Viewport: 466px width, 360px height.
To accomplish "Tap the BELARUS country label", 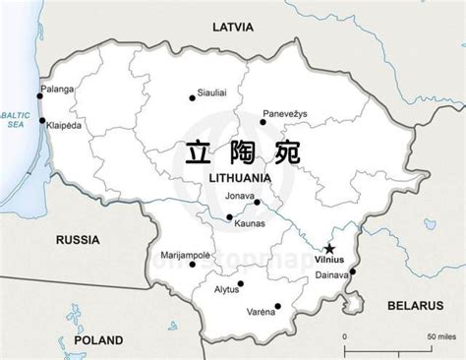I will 412,279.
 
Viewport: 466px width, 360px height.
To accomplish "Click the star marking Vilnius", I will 329,248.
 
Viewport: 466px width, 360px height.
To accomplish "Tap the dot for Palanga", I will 41,95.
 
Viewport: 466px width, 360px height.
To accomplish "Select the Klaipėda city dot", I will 41,121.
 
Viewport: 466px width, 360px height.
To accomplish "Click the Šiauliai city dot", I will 193,97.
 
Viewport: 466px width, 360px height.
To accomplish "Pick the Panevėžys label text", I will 285,112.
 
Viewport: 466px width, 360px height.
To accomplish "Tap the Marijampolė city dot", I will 193,264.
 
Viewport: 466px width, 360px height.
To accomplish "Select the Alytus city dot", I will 241,283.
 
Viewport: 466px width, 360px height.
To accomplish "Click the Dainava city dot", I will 352,271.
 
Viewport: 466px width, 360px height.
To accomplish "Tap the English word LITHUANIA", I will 240,177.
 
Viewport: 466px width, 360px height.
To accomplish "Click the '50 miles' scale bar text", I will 439,337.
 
